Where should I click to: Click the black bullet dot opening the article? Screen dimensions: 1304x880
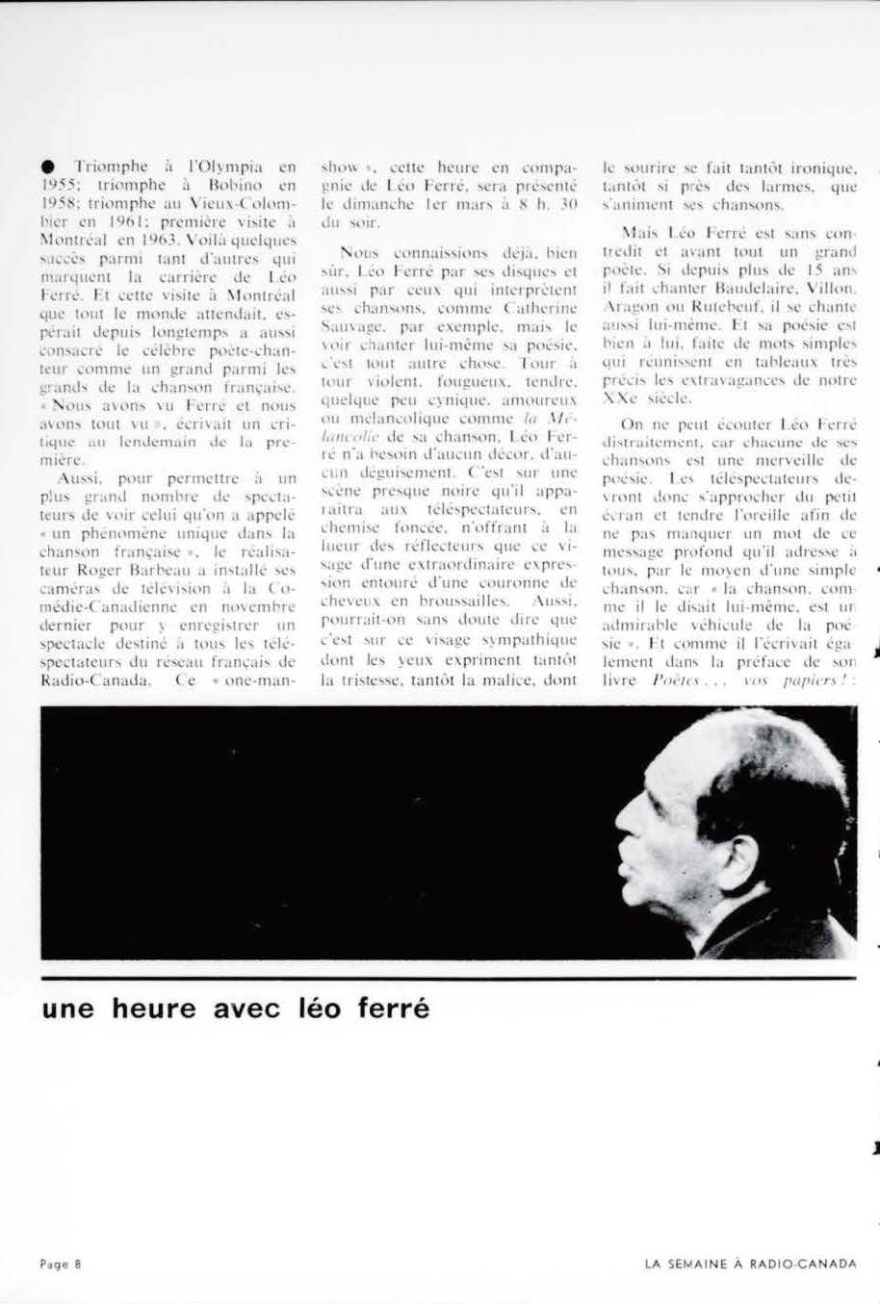(x=47, y=166)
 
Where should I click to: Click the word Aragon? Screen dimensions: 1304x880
(x=627, y=306)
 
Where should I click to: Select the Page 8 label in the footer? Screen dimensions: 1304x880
(x=61, y=1265)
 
